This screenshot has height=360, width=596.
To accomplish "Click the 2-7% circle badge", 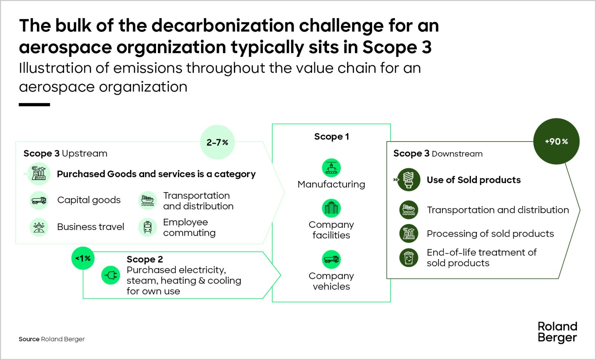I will [x=217, y=142].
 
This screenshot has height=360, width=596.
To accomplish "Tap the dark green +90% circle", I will [x=556, y=141].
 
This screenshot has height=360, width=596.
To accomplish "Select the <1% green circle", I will [x=83, y=258].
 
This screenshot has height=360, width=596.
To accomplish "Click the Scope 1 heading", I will [x=332, y=137].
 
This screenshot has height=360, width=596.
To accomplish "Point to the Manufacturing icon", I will [x=331, y=168].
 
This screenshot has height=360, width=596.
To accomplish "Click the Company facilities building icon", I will [x=331, y=208].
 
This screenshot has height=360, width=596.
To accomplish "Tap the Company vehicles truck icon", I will [x=331, y=259].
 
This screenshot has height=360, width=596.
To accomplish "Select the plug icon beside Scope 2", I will [x=111, y=275].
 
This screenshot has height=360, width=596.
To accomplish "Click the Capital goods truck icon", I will [x=39, y=200].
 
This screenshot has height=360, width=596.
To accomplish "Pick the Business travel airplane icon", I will [x=39, y=227].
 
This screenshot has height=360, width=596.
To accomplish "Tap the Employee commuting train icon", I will [x=148, y=227].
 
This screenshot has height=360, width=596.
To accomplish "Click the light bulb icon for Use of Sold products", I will [x=409, y=180].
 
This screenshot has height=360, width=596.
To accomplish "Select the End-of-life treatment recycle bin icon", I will [x=409, y=258].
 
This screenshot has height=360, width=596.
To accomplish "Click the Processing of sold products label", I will [x=490, y=234].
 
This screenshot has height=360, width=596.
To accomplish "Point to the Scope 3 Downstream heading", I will [x=438, y=153].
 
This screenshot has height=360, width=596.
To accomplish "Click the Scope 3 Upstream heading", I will [x=65, y=153].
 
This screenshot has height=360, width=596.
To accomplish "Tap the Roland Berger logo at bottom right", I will [x=557, y=332].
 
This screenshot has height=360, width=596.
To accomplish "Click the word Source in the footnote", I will [x=29, y=339].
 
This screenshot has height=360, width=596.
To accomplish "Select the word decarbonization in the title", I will [x=223, y=26].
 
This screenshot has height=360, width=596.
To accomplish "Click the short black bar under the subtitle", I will [x=34, y=105].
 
